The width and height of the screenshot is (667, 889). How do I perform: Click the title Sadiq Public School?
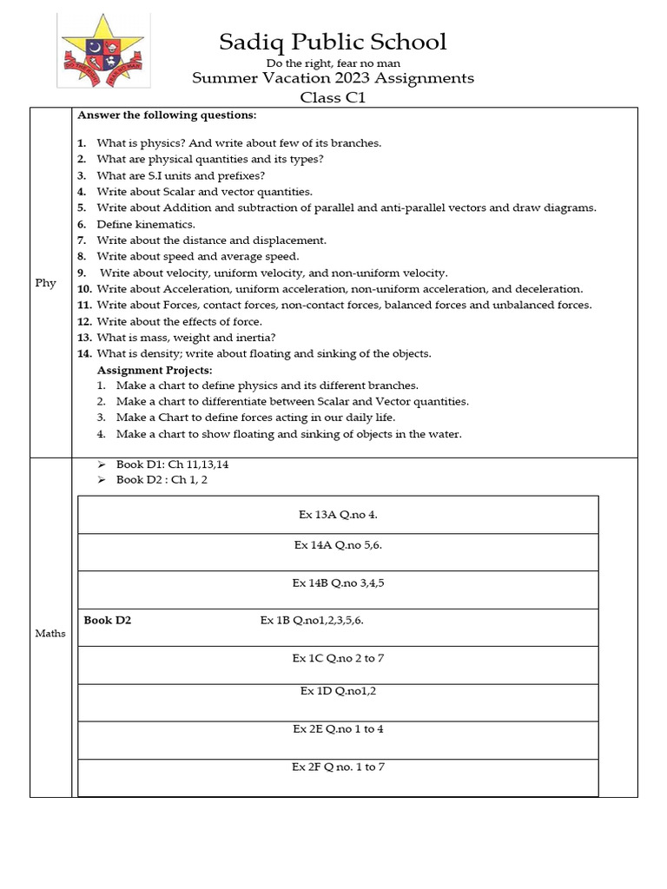(333, 41)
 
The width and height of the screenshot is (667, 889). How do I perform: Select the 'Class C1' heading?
(333, 97)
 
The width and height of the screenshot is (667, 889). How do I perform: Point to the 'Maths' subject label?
(50, 633)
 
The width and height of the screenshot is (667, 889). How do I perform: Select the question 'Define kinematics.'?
(145, 224)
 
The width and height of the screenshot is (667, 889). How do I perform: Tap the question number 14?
(83, 353)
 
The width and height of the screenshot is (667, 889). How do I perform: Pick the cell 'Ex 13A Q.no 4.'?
(338, 514)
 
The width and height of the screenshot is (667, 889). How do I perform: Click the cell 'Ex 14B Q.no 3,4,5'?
(338, 583)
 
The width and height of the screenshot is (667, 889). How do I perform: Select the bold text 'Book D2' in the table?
(108, 620)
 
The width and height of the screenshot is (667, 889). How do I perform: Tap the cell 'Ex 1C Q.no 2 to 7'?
(338, 658)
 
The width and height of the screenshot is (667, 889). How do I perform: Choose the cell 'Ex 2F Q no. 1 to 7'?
(338, 767)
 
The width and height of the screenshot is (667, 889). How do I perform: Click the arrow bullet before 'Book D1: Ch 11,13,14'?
(102, 464)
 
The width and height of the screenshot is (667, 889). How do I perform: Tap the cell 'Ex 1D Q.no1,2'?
(338, 691)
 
